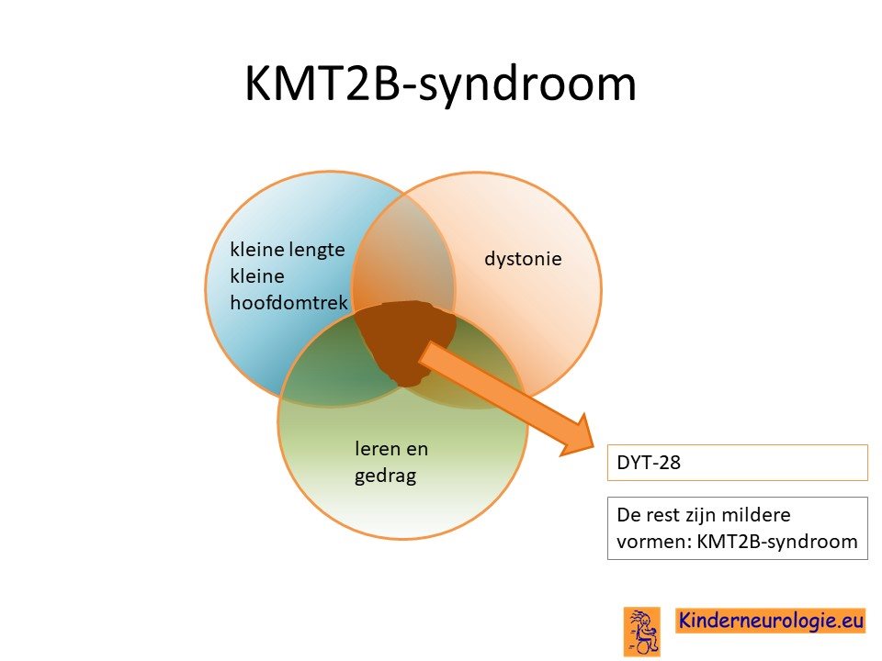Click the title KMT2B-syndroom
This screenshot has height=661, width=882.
point(440,84)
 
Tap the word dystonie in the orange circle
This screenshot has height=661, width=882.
point(523,259)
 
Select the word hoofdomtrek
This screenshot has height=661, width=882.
point(289,302)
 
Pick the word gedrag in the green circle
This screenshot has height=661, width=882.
point(386,476)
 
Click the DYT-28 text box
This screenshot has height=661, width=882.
point(738,463)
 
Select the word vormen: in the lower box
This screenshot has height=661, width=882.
point(653,542)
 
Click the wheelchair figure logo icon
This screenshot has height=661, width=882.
point(642,632)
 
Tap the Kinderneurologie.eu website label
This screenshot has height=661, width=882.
point(771,620)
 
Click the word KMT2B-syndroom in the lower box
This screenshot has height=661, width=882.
point(777,542)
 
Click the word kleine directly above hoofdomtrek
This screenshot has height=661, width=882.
point(257,276)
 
